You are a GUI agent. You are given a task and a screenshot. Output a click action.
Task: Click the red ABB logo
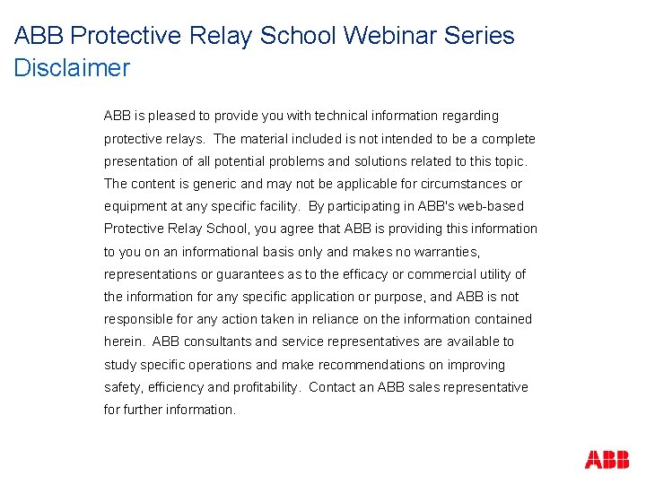pos(607,460)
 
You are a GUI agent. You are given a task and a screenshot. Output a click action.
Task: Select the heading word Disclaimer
pos(72,68)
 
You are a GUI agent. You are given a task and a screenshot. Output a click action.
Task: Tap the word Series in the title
pos(477,36)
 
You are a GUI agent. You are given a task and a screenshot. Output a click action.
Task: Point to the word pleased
pos(172,116)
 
